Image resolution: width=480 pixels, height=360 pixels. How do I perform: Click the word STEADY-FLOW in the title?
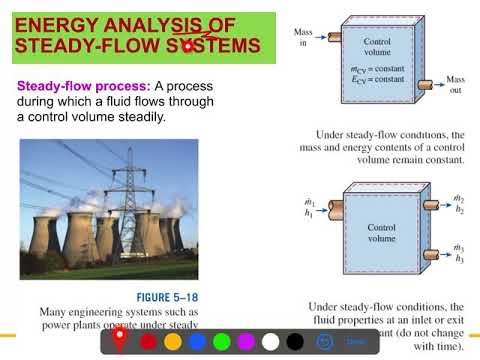click(80, 47)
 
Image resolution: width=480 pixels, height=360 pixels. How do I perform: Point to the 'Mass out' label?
click(455, 84)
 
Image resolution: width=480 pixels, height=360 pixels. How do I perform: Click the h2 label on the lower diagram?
click(458, 210)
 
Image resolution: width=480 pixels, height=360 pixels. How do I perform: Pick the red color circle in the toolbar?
click(148, 341)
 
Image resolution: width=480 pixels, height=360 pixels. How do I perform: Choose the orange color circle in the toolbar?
click(172, 341)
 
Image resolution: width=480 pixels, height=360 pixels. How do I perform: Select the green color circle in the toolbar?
click(221, 341)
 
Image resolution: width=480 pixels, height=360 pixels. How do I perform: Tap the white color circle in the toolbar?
click(270, 341)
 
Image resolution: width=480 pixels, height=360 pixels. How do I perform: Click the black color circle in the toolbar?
click(294, 341)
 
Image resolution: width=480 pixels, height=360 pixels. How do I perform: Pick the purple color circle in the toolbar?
click(246, 341)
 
